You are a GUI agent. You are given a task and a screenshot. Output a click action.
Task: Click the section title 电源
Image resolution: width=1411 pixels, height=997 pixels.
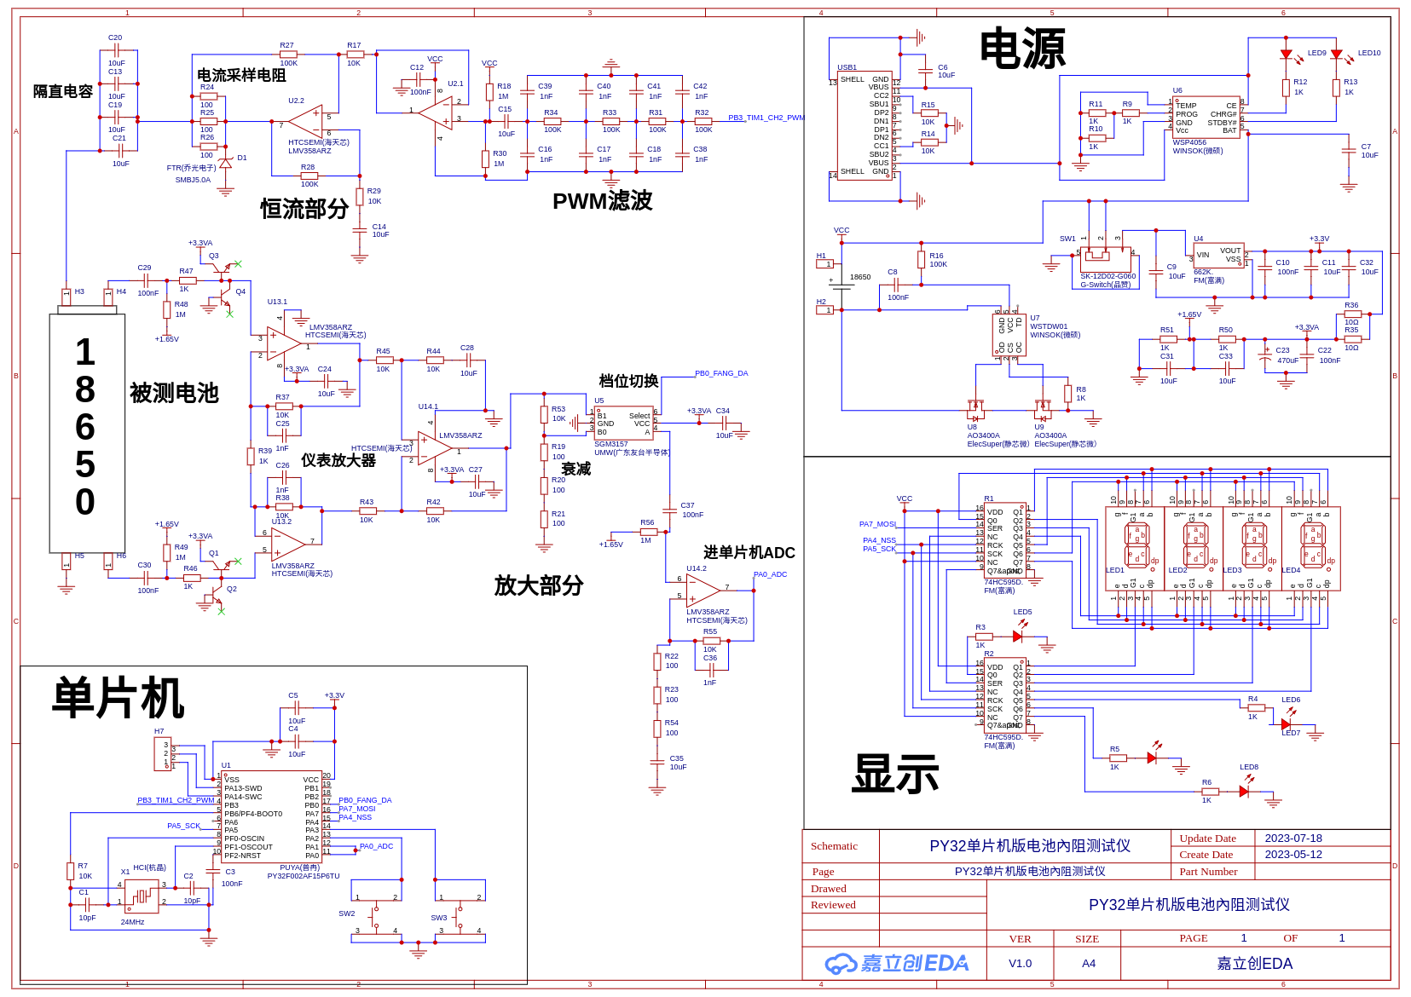pyautogui.click(x=1021, y=49)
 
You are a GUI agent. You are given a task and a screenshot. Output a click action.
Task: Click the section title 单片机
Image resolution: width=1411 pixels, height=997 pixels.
pyautogui.click(x=118, y=699)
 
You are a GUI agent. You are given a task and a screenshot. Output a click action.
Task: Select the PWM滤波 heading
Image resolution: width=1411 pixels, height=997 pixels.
pyautogui.click(x=602, y=201)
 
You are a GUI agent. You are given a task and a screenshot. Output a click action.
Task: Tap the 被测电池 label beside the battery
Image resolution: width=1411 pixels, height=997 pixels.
pyautogui.click(x=174, y=393)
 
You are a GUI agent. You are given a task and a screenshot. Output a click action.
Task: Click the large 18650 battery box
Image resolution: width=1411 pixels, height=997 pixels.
pyautogui.click(x=87, y=433)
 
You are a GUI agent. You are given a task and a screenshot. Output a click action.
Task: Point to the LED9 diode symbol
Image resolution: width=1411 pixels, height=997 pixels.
pyautogui.click(x=1287, y=55)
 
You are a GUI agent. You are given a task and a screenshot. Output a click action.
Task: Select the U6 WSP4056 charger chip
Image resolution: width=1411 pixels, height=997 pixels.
pyautogui.click(x=1206, y=118)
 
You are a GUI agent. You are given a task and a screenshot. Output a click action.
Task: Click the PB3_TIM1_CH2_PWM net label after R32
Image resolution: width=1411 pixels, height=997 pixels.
pyautogui.click(x=766, y=118)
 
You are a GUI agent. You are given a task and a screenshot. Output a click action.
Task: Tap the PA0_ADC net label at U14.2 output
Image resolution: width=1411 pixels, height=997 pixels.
pyautogui.click(x=770, y=574)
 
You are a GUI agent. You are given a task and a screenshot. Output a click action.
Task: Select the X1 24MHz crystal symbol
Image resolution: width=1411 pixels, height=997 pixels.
pyautogui.click(x=141, y=896)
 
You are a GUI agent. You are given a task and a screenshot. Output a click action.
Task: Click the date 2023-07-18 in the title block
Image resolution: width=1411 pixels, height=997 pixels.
pyautogui.click(x=1292, y=839)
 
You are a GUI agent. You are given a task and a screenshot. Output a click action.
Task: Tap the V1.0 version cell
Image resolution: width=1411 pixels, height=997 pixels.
pyautogui.click(x=1020, y=964)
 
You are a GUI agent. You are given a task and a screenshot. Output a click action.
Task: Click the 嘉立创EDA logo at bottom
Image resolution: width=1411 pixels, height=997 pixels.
pyautogui.click(x=896, y=964)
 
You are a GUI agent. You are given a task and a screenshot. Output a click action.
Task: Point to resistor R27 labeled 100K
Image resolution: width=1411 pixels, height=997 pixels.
pyautogui.click(x=288, y=54)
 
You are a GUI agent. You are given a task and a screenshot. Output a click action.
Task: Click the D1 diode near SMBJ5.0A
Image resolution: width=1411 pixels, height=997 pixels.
pyautogui.click(x=225, y=162)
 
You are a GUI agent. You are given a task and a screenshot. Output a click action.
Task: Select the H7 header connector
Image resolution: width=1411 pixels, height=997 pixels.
pyautogui.click(x=163, y=754)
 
